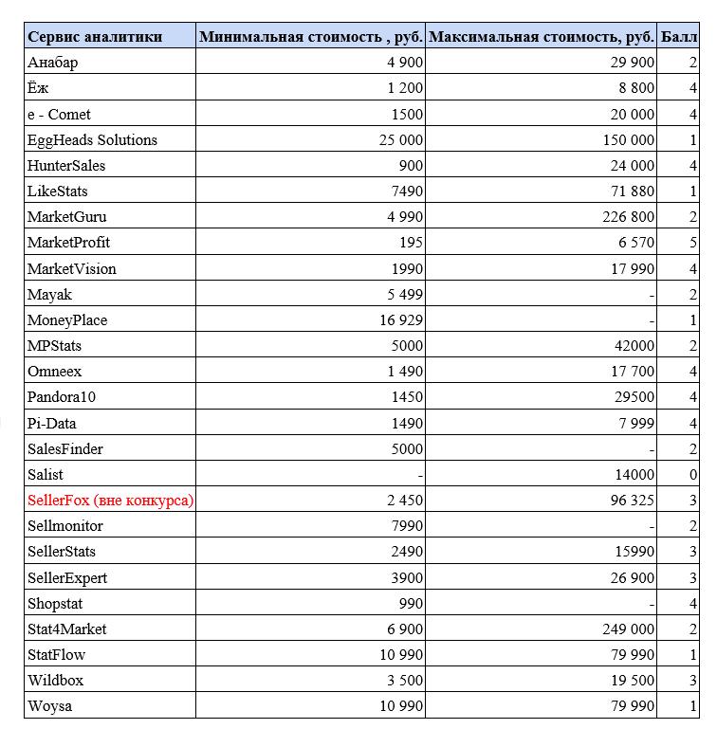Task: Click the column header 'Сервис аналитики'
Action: pos(95,37)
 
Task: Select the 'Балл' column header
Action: pos(679,37)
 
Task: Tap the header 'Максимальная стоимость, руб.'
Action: pos(542,37)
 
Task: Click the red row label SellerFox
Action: pos(110,500)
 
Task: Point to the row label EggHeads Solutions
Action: pos(93,140)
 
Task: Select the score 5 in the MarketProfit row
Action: pos(693,243)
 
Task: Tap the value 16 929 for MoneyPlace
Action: pos(400,320)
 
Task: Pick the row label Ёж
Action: pos(38,88)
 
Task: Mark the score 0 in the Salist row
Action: pos(693,474)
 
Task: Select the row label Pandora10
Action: pos(62,397)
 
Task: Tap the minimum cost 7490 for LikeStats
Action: pos(405,191)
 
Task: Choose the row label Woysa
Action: pos(48,706)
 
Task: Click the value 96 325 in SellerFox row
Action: pos(633,500)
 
